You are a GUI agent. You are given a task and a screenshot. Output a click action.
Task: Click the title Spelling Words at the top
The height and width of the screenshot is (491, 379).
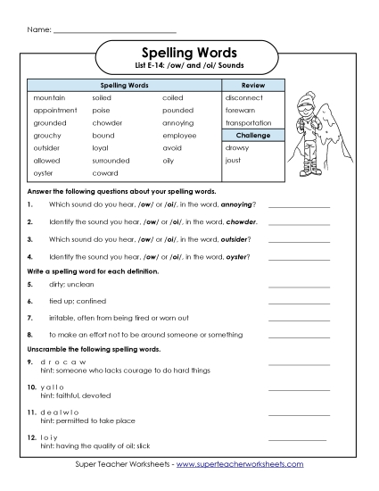tap(189, 52)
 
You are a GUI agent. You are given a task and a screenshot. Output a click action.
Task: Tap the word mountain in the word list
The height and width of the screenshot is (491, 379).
tap(48, 96)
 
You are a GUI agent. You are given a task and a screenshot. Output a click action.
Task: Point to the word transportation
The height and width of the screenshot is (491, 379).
tap(254, 122)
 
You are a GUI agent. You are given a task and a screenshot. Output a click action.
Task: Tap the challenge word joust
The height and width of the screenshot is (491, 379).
tap(235, 160)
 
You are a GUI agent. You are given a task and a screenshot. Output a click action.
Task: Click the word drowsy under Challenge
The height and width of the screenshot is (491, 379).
tap(238, 147)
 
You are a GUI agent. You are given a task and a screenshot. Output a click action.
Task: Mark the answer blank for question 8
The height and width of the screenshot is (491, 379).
tap(299, 334)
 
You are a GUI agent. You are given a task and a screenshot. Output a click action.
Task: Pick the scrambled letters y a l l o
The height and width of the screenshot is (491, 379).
tap(49, 387)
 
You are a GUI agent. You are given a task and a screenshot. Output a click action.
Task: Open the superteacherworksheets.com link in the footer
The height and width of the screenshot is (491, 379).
tap(240, 464)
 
